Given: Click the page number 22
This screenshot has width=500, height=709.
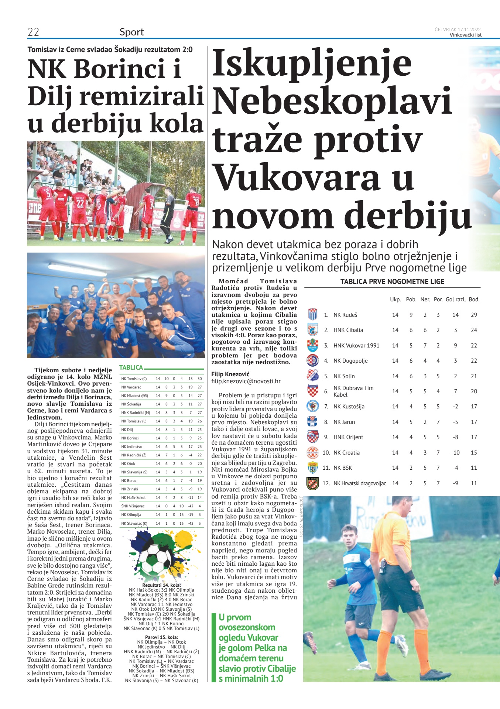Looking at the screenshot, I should pyautogui.click(x=33, y=32).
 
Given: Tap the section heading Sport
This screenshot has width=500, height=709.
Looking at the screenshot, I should pyautogui.click(x=131, y=32).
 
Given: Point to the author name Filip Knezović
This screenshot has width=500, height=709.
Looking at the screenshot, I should pyautogui.click(x=230, y=374).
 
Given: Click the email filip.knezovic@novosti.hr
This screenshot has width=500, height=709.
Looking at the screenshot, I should pyautogui.click(x=246, y=381).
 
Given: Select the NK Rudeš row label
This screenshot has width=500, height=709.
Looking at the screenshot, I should pyautogui.click(x=345, y=315).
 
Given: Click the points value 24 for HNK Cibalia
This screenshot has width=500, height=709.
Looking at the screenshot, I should pyautogui.click(x=474, y=330).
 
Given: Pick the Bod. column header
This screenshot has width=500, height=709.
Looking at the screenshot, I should pyautogui.click(x=474, y=299).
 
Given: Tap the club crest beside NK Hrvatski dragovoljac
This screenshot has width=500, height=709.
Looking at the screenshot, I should pyautogui.click(x=312, y=483).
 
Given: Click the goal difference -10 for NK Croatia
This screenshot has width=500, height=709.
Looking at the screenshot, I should pyautogui.click(x=455, y=452).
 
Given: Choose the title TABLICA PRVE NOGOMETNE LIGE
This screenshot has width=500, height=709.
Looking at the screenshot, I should pyautogui.click(x=392, y=282).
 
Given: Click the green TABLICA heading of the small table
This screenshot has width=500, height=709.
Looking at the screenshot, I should pyautogui.click(x=131, y=367).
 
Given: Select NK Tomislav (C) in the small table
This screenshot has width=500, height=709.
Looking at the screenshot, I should pyautogui.click(x=134, y=379).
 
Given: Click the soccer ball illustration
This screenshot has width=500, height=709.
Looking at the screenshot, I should pyautogui.click(x=157, y=560).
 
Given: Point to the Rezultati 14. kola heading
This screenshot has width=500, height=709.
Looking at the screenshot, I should pyautogui.click(x=161, y=585).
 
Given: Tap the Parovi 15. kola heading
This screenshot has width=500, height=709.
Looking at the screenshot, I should pyautogui.click(x=161, y=637).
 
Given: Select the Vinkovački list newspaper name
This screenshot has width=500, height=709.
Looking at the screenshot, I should pyautogui.click(x=465, y=35).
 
